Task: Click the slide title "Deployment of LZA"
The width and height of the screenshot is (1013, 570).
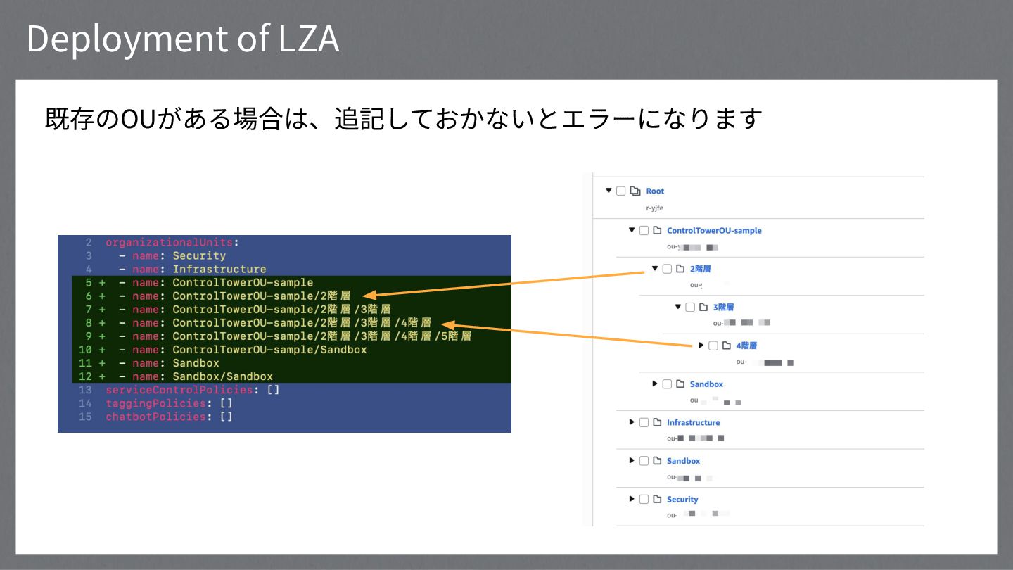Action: pyautogui.click(x=183, y=39)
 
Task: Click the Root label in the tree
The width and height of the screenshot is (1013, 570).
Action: pyautogui.click(x=655, y=191)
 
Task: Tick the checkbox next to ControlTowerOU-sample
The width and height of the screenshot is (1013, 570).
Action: pyautogui.click(x=644, y=230)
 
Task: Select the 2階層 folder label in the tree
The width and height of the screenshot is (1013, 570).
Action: pyautogui.click(x=701, y=268)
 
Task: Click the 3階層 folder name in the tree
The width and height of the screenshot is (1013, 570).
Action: pyautogui.click(x=724, y=307)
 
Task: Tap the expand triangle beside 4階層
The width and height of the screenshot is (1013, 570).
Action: pyautogui.click(x=701, y=345)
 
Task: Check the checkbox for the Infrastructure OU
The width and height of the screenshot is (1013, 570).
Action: pyautogui.click(x=644, y=422)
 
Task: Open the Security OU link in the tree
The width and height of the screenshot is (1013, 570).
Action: pyautogui.click(x=682, y=499)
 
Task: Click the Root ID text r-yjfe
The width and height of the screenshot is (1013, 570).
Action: pyautogui.click(x=654, y=208)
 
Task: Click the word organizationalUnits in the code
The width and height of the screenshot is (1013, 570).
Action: pyautogui.click(x=170, y=242)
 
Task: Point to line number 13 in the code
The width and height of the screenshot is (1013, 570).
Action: pyautogui.click(x=85, y=390)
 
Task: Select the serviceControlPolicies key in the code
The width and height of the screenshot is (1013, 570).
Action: pyautogui.click(x=179, y=390)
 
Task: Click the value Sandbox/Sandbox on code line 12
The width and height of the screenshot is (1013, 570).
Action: pyautogui.click(x=222, y=376)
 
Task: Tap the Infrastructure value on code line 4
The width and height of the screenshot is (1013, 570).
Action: pyautogui.click(x=219, y=269)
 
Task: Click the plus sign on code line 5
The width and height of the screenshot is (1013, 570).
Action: pyautogui.click(x=102, y=283)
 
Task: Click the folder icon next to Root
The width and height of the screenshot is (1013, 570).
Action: pyautogui.click(x=635, y=191)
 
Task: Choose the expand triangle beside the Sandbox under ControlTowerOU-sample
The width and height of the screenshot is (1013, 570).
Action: pyautogui.click(x=655, y=384)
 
